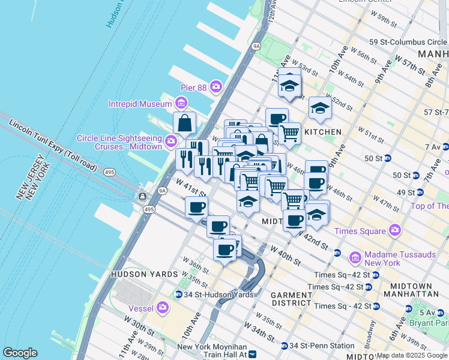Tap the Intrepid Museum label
(140, 104)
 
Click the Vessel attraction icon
(163, 308)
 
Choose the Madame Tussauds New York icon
(355, 259)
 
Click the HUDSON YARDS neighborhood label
(144, 274)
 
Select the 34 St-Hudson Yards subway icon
(178, 295)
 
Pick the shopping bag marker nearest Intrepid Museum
(185, 124)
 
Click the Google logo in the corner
(20, 353)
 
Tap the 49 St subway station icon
(420, 193)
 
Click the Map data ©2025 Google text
(412, 355)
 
